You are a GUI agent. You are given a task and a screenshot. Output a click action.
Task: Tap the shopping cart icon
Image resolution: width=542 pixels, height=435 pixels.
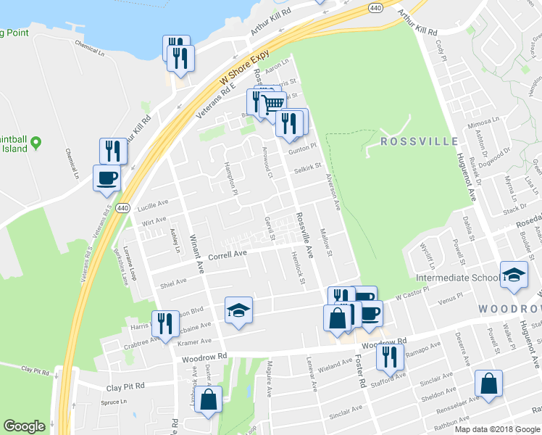(x=272, y=104)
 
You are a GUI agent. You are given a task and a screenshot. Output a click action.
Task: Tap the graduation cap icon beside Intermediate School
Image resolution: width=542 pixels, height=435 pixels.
(x=513, y=275)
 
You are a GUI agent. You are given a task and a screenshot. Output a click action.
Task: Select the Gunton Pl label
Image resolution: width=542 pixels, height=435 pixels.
(x=304, y=148)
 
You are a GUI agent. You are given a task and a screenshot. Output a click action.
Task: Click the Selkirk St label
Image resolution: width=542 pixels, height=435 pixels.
(x=307, y=169)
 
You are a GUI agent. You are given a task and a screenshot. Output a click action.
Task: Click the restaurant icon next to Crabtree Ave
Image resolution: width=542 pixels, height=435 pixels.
(x=164, y=324)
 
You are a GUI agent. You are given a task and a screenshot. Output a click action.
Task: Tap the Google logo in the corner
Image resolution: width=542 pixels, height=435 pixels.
(x=24, y=426)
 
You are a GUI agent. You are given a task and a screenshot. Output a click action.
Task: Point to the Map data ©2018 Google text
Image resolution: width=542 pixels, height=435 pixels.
(x=497, y=429)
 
